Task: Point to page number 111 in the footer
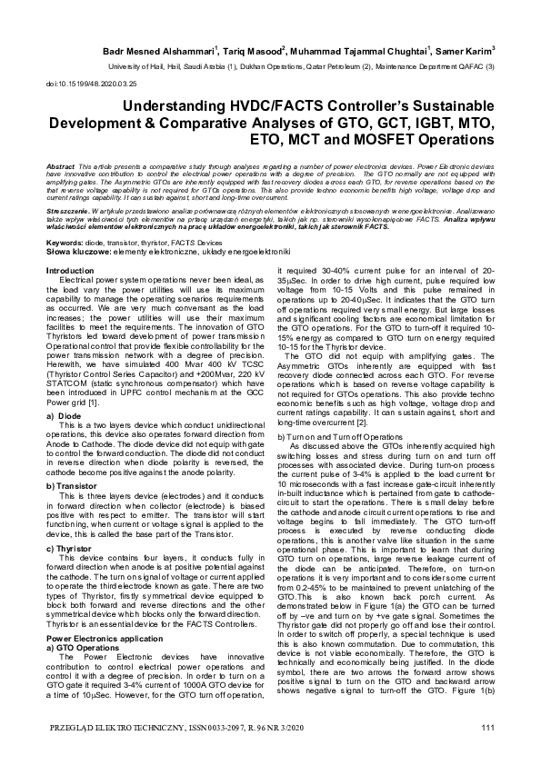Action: [x=488, y=728]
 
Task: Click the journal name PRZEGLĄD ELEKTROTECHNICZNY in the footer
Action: [x=105, y=728]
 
